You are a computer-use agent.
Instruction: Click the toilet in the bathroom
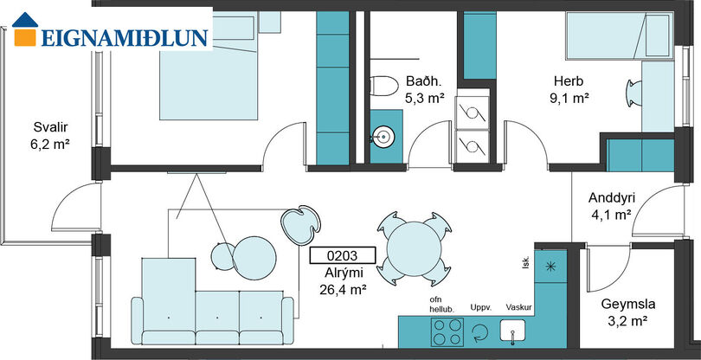coord(384,86)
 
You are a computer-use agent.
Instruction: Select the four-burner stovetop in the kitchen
coord(447,332)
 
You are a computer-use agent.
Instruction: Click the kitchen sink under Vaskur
coord(513,332)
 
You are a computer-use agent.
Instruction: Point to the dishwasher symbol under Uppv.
coord(480,332)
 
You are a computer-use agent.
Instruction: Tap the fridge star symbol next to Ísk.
coord(550,266)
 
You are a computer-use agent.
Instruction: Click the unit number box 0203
coord(342,256)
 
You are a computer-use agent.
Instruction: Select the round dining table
coord(414,248)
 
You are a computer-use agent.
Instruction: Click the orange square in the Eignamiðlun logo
coord(25,37)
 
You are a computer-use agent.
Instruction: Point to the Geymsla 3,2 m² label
coord(628,312)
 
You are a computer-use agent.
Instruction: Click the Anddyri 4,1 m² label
coord(612,206)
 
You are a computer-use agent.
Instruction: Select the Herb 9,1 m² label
coord(569,89)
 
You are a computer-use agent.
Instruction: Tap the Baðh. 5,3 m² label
coord(424,89)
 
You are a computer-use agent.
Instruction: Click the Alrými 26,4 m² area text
coord(344,281)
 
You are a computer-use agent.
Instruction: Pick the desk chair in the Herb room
coord(633,93)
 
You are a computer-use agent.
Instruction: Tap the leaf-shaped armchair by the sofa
coord(301,225)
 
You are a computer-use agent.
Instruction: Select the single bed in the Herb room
coord(620,35)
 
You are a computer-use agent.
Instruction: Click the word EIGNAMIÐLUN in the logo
coord(125,38)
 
